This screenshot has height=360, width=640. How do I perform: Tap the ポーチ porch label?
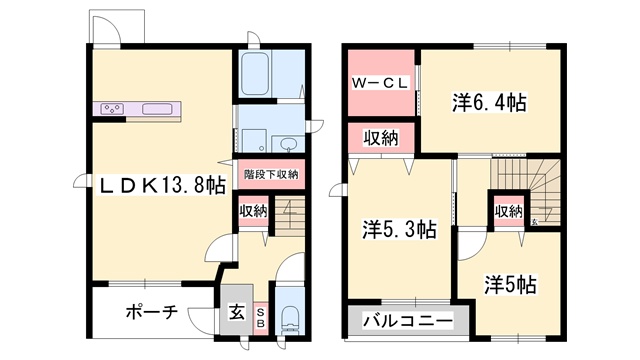click(151, 311)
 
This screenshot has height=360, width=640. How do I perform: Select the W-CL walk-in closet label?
click(378, 84)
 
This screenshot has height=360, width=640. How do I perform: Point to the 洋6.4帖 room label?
click(489, 102)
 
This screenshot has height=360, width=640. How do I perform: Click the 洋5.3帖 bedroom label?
click(398, 229)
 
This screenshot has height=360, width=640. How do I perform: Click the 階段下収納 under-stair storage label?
click(271, 174)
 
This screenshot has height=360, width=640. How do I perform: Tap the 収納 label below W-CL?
click(379, 137)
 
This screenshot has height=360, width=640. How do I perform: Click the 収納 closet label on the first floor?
click(253, 211)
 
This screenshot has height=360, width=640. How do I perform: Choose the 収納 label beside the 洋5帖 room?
click(508, 211)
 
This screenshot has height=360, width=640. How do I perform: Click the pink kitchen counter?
click(141, 107)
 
